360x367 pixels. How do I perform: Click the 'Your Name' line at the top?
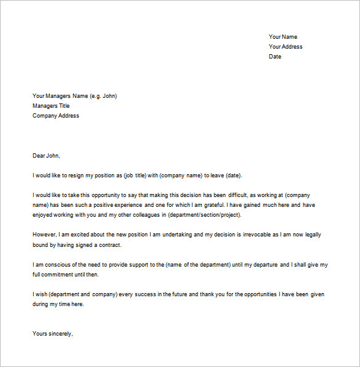pos(282,37)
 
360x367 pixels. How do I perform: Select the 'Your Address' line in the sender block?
pos(286,47)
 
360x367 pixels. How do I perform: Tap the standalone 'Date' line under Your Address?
pos(275,57)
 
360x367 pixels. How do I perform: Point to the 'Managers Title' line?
pos(51,106)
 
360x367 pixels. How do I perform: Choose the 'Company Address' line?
pos(55,116)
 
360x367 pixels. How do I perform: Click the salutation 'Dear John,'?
pos(47,156)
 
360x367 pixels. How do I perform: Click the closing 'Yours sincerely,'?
pos(53,334)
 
